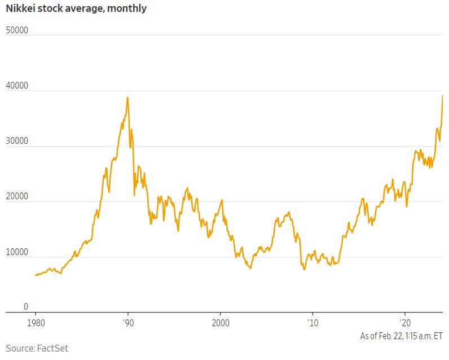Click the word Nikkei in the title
(x=21, y=8)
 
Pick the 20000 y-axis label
(x=17, y=196)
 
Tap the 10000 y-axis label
(x=17, y=252)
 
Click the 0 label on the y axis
(x=25, y=307)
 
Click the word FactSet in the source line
(x=53, y=348)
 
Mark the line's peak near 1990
(x=127, y=97)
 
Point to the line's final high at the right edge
(x=442, y=95)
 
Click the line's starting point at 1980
(x=36, y=275)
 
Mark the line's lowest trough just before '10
(x=305, y=269)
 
